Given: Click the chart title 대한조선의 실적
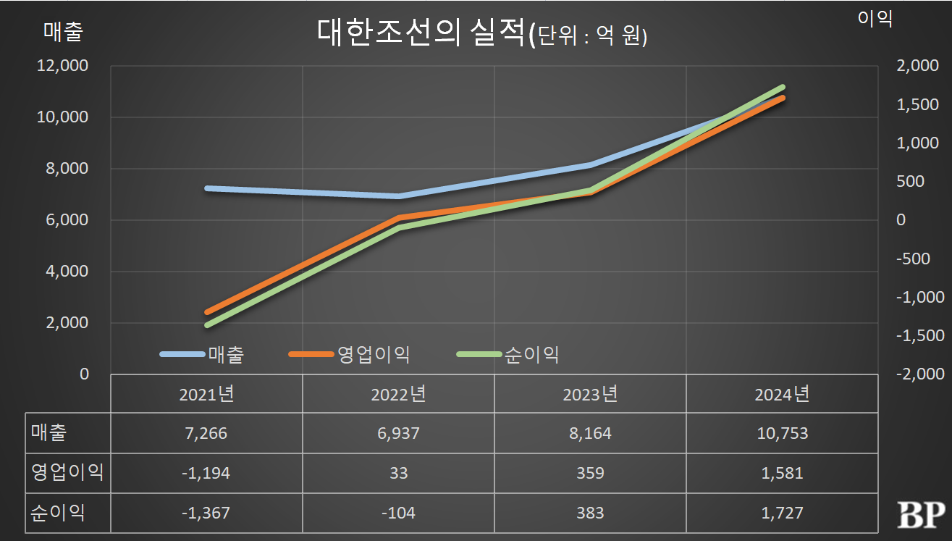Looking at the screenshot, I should coord(420,34).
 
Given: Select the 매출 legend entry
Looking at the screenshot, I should coord(225,354).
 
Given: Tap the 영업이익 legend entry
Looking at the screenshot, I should coord(374,354).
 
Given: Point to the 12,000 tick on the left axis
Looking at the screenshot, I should coord(63,66).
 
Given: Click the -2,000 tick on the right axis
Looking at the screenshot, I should coord(920,374).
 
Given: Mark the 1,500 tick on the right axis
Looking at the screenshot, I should coord(917,105).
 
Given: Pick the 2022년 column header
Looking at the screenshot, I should coord(398,395).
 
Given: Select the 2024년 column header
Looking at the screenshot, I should coord(782,395).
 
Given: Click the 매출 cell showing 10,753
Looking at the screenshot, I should coord(782,434).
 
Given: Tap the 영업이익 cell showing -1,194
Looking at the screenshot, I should coord(206,474).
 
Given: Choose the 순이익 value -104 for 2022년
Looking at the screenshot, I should coord(398,513).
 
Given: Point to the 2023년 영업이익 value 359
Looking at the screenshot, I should coord(591,474).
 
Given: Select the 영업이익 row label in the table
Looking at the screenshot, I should coord(67,474).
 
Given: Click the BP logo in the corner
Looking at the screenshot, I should coord(921,515).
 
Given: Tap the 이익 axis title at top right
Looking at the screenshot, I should coord(875,20).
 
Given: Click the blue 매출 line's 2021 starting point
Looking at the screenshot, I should coord(207,188).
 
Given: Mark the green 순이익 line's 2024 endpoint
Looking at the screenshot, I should coord(782,87).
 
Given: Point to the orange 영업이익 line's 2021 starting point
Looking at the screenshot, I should coord(207,312).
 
